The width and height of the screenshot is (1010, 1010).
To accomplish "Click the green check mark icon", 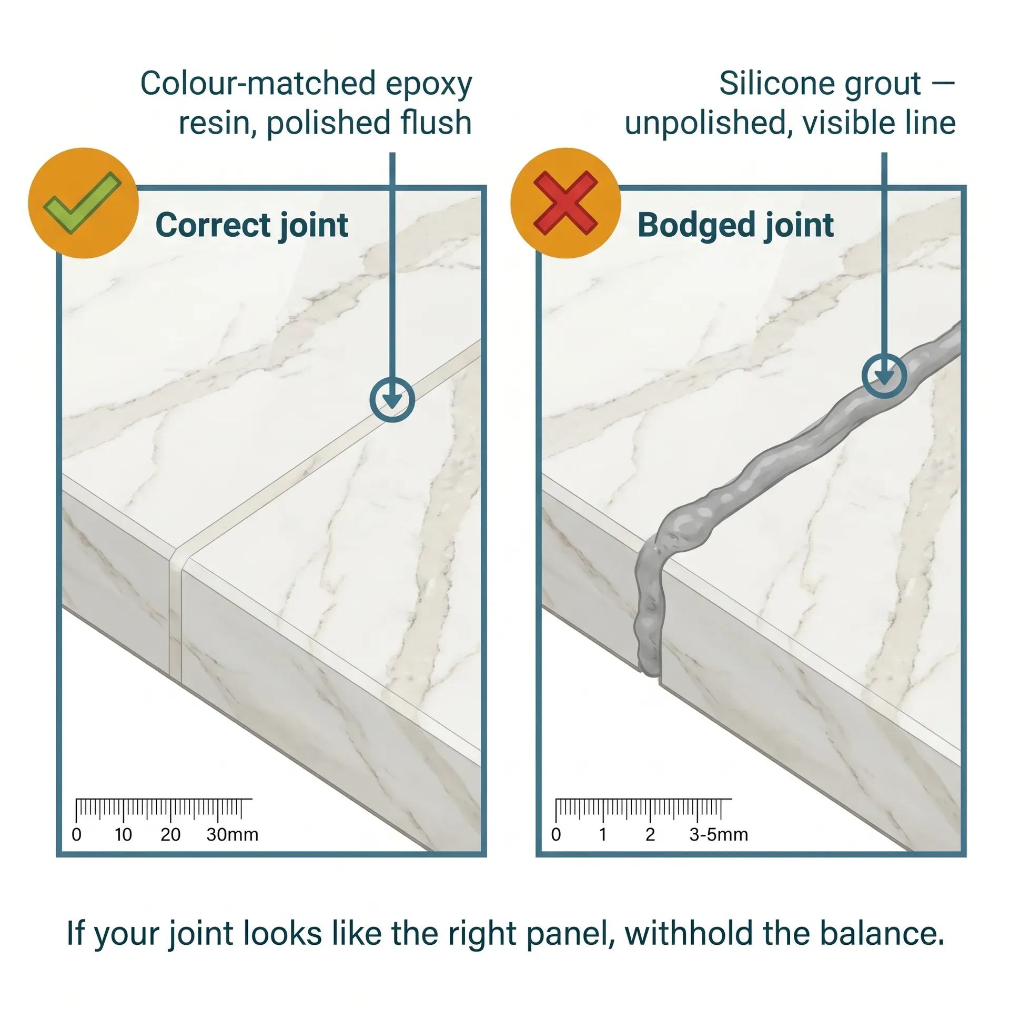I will click(82, 203).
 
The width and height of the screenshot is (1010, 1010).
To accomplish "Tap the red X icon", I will click(565, 203).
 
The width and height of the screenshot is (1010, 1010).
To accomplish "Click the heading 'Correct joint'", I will click(251, 225).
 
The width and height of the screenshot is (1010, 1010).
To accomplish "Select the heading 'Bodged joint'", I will click(735, 225).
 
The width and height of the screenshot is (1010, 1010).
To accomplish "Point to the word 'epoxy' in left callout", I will click(429, 84).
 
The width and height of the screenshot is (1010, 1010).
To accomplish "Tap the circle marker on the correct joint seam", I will click(392, 399).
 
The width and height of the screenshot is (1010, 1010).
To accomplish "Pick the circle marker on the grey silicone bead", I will click(884, 375).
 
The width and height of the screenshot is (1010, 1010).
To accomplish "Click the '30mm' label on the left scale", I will click(232, 834).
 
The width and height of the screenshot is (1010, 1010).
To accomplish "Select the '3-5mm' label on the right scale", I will click(718, 834).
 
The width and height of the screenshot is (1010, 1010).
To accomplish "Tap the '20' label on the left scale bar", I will click(170, 834).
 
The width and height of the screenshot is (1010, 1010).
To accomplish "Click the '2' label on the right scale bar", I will click(650, 834).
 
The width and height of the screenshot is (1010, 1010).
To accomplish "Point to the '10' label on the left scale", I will click(123, 834).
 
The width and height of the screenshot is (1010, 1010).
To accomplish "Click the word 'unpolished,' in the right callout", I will click(708, 123).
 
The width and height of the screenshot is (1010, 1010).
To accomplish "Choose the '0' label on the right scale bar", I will click(555, 834).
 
